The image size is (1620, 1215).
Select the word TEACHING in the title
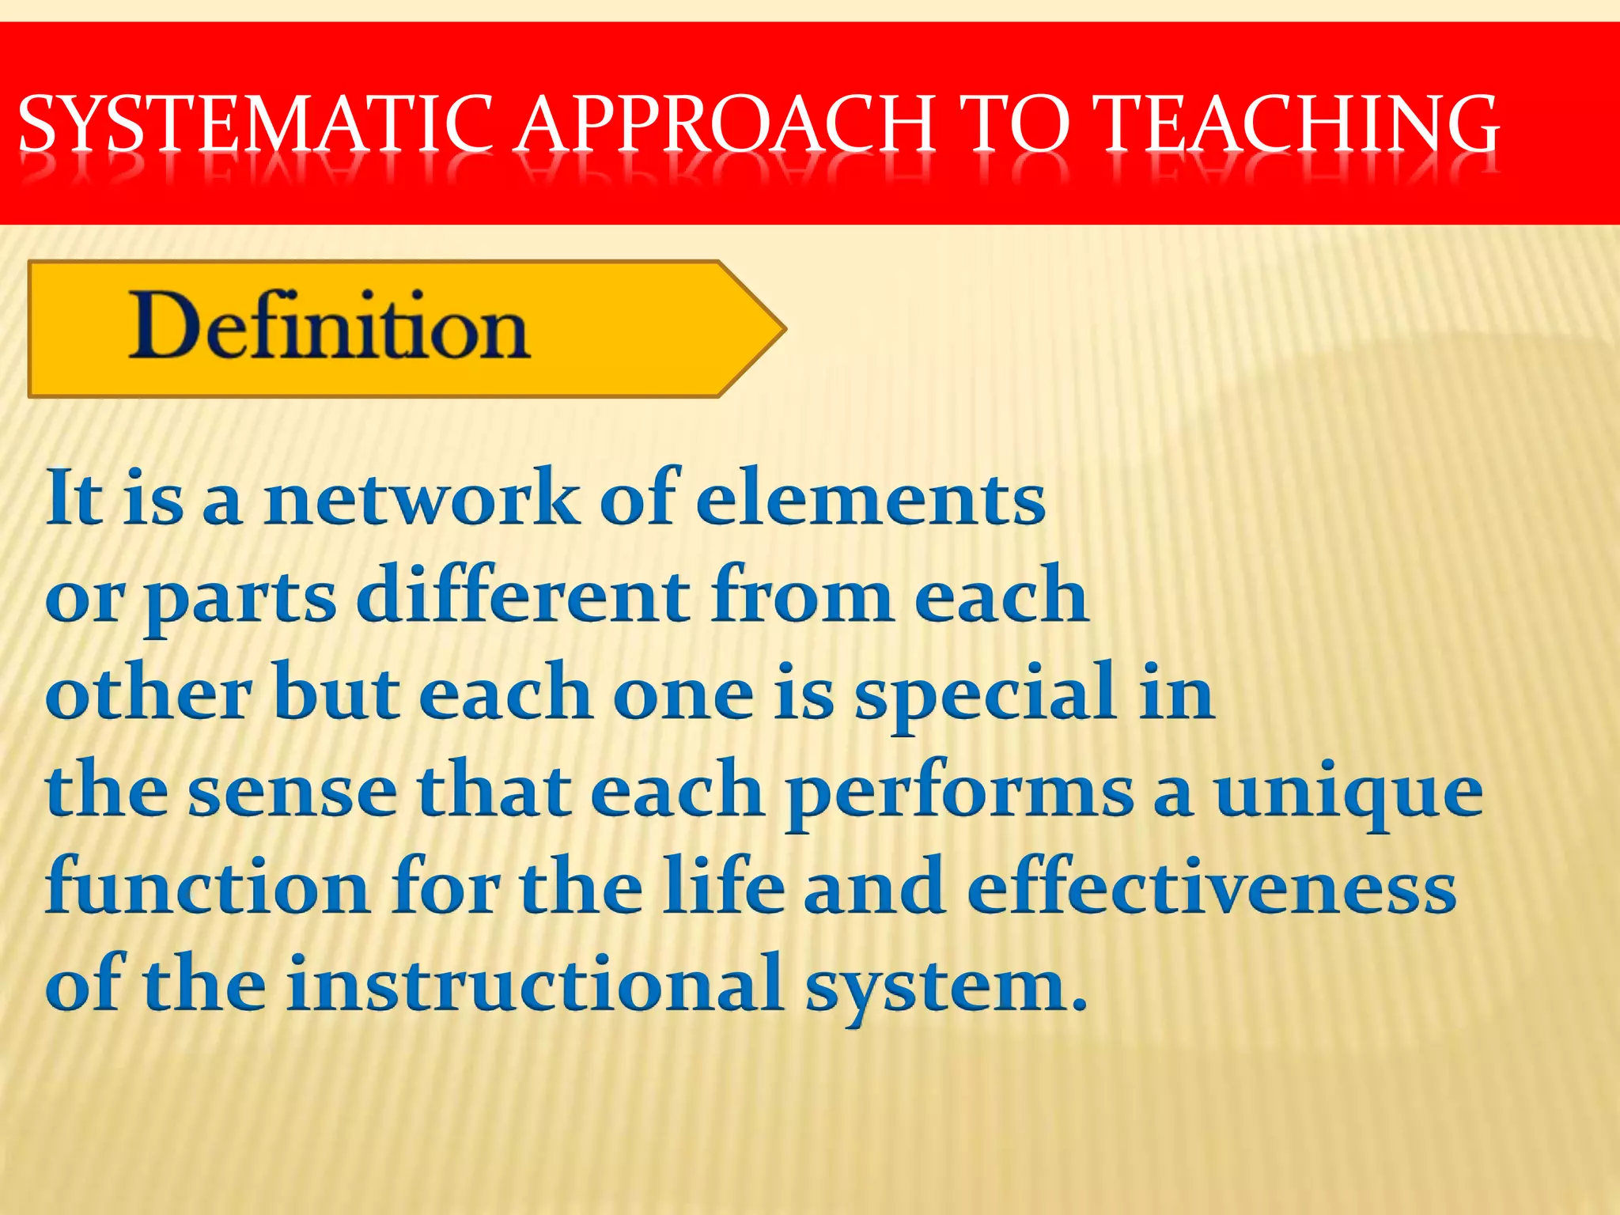click(x=1297, y=124)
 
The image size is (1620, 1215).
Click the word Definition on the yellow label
click(x=328, y=326)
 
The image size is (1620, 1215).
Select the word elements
click(x=870, y=498)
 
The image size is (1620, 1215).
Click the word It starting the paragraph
click(x=74, y=498)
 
